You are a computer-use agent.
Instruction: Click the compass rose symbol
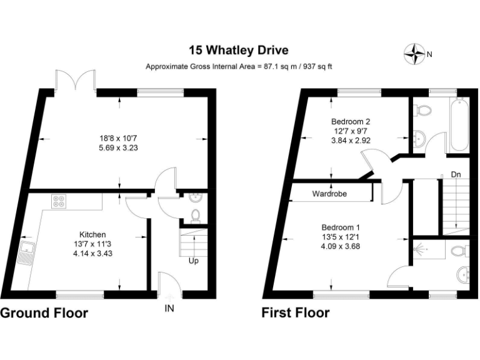point(414,54)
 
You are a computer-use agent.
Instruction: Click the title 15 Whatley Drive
point(239,50)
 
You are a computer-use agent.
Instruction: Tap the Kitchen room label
point(92,235)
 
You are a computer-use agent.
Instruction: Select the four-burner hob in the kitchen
point(59,201)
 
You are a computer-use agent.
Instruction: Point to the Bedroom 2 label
point(351,121)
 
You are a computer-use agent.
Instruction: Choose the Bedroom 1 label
point(341,227)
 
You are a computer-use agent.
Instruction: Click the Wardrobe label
point(329,194)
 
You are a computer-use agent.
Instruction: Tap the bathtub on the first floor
point(459,124)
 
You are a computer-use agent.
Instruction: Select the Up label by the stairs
point(194,261)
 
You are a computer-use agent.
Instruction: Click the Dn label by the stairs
point(456,174)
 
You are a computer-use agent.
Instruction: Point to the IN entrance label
point(169,308)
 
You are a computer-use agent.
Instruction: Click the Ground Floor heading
point(44,313)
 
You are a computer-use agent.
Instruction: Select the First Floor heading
point(296,313)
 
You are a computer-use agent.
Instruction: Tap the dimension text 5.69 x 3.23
point(118,148)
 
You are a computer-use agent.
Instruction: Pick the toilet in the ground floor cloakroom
point(195,215)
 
